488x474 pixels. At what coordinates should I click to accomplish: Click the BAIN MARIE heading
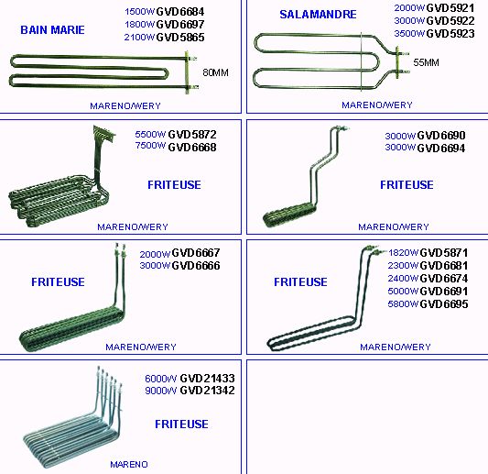(x=52, y=30)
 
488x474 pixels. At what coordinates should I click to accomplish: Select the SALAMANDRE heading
(x=318, y=15)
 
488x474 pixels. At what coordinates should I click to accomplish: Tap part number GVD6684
(x=180, y=12)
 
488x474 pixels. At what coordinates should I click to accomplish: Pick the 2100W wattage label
(x=139, y=38)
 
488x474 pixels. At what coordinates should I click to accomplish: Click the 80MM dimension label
(x=215, y=72)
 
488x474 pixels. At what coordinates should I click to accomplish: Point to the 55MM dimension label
(x=426, y=62)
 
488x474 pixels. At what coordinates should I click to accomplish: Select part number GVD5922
(x=450, y=21)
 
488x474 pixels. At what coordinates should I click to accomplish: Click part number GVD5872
(x=192, y=135)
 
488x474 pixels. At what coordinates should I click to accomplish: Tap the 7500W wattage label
(x=150, y=146)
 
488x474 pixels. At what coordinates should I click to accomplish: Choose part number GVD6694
(x=441, y=149)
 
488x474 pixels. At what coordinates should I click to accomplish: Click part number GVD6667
(x=196, y=253)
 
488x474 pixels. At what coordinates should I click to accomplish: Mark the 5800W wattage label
(x=403, y=304)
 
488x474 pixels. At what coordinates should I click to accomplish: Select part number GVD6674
(x=444, y=279)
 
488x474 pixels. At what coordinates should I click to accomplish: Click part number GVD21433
(x=207, y=379)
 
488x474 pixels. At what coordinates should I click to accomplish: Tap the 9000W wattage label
(x=160, y=391)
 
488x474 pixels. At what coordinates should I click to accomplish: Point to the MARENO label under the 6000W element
(x=129, y=464)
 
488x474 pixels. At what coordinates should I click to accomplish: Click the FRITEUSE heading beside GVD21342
(x=182, y=424)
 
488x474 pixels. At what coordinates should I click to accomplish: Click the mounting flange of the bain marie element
(x=187, y=72)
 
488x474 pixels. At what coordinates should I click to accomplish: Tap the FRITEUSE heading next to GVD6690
(x=407, y=185)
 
